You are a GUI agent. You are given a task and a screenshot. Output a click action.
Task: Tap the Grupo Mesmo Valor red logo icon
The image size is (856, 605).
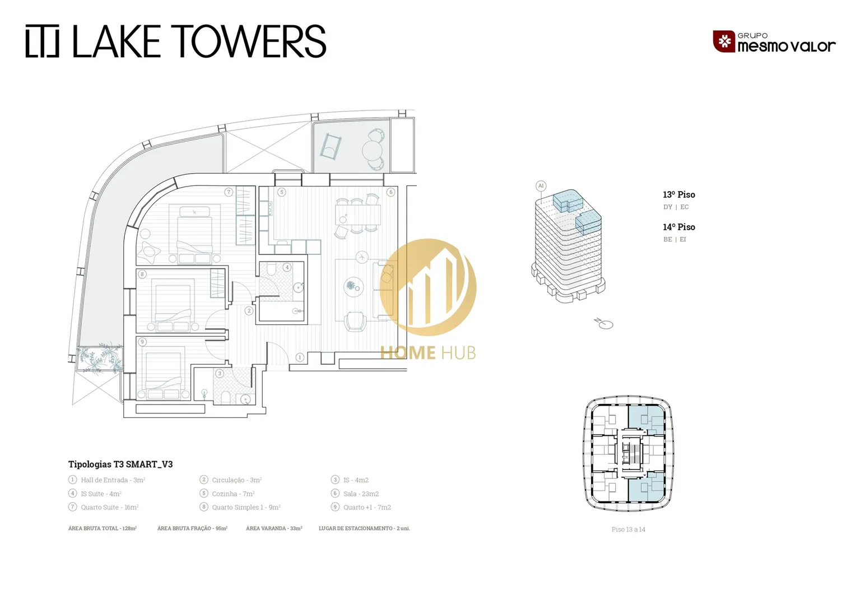724,41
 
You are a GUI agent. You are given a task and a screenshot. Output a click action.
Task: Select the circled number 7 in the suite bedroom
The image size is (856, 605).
229,192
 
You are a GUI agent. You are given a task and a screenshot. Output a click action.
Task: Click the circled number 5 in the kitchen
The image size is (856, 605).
282,192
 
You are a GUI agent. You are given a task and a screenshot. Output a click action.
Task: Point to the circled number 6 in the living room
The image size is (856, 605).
390,192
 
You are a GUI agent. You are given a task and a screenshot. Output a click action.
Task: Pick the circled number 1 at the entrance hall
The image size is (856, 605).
300,357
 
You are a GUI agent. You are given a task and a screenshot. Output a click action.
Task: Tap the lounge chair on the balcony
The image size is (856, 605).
331,146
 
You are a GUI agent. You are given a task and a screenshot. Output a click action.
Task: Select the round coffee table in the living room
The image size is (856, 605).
354,287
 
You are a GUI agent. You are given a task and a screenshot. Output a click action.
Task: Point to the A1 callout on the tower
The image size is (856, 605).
541,186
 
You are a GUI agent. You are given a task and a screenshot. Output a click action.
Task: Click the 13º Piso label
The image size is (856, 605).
679,194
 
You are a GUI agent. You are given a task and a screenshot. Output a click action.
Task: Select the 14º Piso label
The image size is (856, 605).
679,227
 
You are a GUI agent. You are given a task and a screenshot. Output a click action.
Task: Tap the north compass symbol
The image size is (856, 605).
604,324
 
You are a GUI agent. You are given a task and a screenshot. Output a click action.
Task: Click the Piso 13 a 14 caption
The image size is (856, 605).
628,529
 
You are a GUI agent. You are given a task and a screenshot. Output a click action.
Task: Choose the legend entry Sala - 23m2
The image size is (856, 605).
361,494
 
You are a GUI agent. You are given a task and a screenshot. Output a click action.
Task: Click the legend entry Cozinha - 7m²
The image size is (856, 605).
234,494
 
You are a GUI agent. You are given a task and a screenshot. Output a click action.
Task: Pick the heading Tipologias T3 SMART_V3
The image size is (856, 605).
120,464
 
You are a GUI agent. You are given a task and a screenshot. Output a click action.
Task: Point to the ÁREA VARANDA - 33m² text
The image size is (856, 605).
274,528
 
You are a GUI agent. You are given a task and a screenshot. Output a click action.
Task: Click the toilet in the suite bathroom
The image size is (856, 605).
271,270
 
